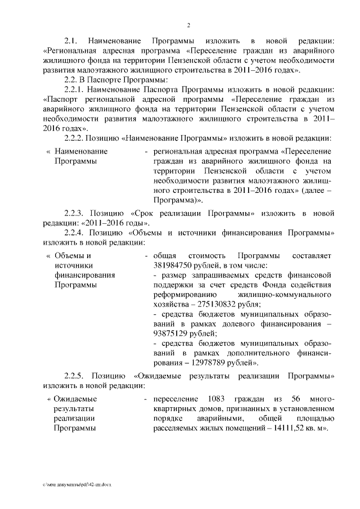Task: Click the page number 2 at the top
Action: (188, 25)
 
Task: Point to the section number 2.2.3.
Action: (75, 214)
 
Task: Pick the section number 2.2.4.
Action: (75, 233)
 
